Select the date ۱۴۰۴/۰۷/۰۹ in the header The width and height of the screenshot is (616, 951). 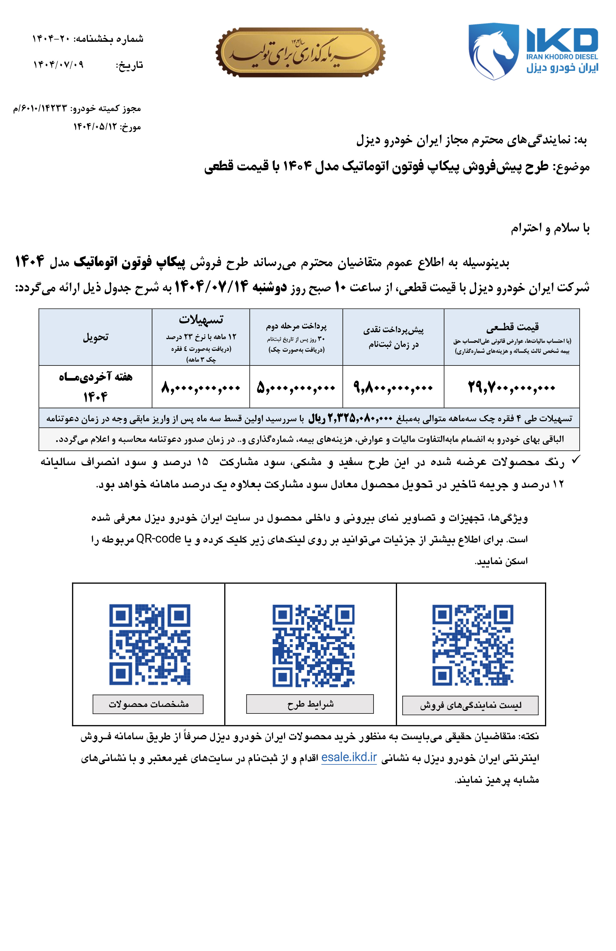tap(58, 64)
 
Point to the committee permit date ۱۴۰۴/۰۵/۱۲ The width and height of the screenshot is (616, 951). tap(95, 127)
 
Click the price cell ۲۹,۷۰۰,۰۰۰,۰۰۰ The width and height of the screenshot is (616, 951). tap(511, 387)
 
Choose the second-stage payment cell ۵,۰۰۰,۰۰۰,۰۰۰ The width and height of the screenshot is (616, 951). tap(296, 387)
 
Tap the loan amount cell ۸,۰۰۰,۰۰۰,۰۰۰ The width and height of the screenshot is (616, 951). tap(201, 387)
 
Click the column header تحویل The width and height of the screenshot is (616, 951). tap(96, 337)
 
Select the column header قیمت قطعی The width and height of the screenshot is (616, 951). tap(512, 327)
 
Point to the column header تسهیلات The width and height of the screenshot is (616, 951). tap(201, 319)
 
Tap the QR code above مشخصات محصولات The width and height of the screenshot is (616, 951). tap(150, 644)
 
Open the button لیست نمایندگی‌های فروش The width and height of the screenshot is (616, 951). tap(470, 705)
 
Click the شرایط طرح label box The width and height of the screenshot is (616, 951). tap(310, 704)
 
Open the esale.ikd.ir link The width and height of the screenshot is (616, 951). tap(349, 757)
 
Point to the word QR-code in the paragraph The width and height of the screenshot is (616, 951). tap(159, 539)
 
